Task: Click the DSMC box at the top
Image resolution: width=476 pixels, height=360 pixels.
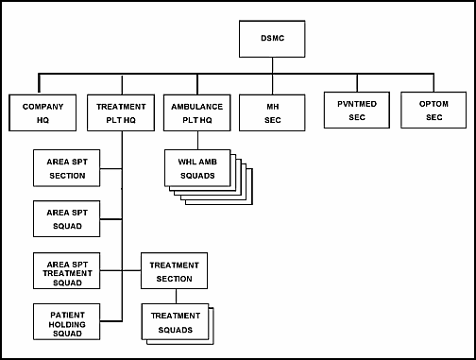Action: tap(272, 39)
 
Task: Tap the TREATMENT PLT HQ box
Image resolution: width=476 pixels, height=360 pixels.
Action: tap(122, 113)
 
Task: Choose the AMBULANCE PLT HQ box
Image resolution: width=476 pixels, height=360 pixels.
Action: tap(196, 113)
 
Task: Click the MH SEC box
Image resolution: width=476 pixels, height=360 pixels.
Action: tap(271, 113)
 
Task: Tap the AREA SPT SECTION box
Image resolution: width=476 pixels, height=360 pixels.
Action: tap(65, 168)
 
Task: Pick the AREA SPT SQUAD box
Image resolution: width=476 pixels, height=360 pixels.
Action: tap(65, 220)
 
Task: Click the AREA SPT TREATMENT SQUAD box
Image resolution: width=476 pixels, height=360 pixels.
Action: tap(65, 272)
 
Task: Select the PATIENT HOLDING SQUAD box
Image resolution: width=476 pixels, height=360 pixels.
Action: tap(65, 322)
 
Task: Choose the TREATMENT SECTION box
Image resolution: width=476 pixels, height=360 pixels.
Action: tap(175, 272)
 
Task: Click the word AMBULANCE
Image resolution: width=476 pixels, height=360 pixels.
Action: tap(196, 107)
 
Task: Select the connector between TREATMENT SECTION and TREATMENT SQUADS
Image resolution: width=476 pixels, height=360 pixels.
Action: tap(175, 297)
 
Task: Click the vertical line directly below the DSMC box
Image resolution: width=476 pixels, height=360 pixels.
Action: tap(272, 64)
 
